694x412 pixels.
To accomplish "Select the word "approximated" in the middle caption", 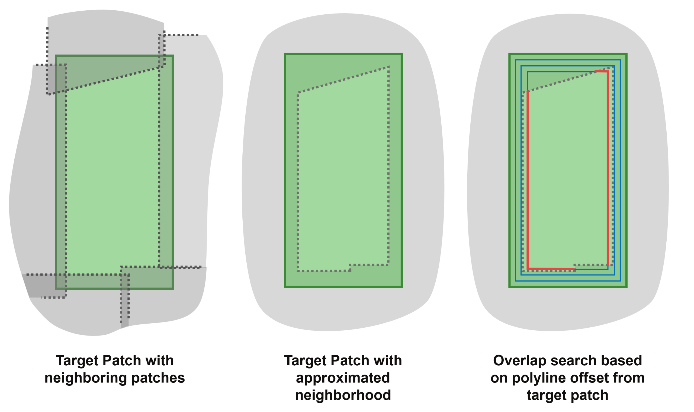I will pos(343,378).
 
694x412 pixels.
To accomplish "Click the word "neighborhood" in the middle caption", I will pos(343,395).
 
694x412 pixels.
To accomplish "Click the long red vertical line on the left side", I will pos(528,180).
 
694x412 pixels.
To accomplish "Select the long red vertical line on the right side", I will pos(608,167).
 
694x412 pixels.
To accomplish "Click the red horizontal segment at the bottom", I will pos(551,269).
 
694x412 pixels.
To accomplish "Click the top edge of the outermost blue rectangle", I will pos(567,60).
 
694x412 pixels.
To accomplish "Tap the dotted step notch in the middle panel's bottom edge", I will pos(350,268).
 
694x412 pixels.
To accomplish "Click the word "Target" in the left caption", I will pos(77,361).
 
